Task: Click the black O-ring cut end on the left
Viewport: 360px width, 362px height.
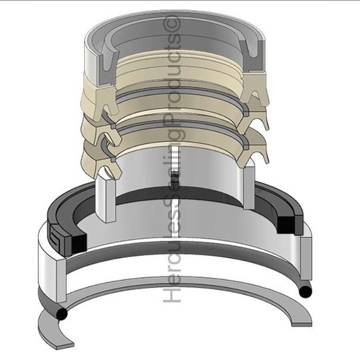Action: pyautogui.click(x=62, y=314)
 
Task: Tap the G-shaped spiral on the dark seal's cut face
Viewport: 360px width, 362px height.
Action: pyautogui.click(x=57, y=238)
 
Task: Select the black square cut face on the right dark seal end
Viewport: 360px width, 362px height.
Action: pyautogui.click(x=286, y=225)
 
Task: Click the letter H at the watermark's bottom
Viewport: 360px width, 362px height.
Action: pyautogui.click(x=173, y=294)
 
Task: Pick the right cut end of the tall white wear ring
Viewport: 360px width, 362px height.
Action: pyautogui.click(x=249, y=185)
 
